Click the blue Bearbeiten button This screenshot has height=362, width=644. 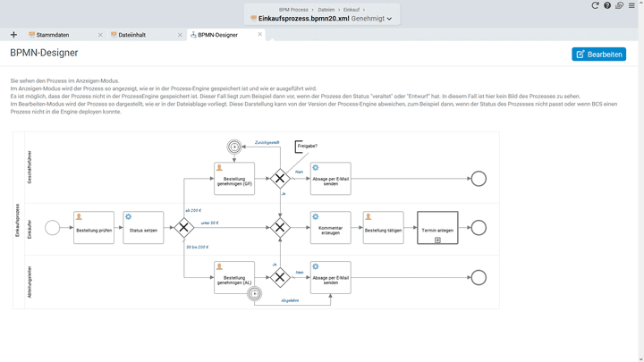[598, 55]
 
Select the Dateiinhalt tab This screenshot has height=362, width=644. [128, 35]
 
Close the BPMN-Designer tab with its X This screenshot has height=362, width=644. [260, 35]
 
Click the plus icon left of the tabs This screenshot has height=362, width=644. [13, 35]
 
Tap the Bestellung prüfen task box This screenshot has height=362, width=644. [94, 228]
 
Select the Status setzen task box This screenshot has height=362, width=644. [143, 228]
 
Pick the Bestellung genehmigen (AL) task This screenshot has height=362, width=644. [234, 277]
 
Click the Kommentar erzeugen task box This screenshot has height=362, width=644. [330, 228]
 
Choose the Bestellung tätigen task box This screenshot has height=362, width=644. [384, 228]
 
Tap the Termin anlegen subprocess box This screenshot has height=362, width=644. [437, 228]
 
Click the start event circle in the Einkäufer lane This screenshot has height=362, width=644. [52, 228]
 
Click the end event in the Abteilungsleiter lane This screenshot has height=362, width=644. [479, 277]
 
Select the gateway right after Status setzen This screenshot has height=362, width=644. [185, 228]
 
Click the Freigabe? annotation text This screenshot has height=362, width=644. [307, 146]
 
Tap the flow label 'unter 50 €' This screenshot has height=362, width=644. [210, 223]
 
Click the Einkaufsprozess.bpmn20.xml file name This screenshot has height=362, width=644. [304, 18]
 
